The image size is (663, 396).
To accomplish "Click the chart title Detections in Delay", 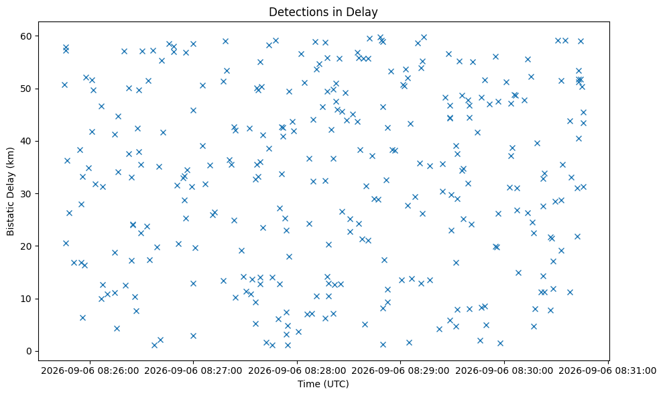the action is (323, 12).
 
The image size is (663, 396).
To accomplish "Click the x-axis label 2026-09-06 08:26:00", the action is (90, 371).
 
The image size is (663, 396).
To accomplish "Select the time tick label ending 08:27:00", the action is (193, 371).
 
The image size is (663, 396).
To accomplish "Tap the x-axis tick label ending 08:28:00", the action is (297, 371).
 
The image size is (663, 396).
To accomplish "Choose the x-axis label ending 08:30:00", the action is (504, 371).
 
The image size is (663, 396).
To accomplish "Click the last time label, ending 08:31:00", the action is (608, 371).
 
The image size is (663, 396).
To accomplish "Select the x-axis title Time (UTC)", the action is (323, 384).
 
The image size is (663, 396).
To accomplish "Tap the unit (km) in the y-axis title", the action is (11, 156).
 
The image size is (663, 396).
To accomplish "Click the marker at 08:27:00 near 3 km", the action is (193, 336).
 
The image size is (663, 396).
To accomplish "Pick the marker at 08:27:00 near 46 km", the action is (193, 111).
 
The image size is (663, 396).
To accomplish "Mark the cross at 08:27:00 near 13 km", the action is (193, 283).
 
